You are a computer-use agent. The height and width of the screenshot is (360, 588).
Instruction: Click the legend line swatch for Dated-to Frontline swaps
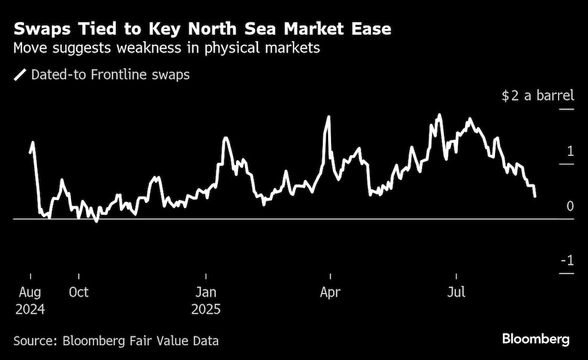pyautogui.click(x=20, y=75)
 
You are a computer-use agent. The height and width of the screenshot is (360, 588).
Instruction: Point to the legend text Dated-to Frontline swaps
pyautogui.click(x=110, y=75)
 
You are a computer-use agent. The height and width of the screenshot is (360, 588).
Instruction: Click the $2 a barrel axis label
pyautogui.click(x=537, y=96)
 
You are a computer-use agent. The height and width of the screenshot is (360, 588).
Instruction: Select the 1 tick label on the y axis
pyautogui.click(x=570, y=151)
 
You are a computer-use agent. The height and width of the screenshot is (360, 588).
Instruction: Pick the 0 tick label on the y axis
pyautogui.click(x=570, y=206)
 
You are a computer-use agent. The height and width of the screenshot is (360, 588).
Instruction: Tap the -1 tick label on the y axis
pyautogui.click(x=566, y=261)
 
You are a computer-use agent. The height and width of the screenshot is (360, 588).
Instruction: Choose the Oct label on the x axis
pyautogui.click(x=78, y=292)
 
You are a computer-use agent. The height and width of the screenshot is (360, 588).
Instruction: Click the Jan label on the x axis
pyautogui.click(x=206, y=292)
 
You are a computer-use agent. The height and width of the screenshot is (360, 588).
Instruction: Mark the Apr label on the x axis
pyautogui.click(x=330, y=292)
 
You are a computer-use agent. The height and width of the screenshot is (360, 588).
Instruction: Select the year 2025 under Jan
pyautogui.click(x=206, y=309)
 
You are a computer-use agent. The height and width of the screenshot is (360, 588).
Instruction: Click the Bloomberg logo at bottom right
pyautogui.click(x=536, y=339)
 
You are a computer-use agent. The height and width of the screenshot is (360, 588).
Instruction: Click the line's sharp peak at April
pyautogui.click(x=328, y=116)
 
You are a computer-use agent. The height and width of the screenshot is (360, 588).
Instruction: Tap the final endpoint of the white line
pyautogui.click(x=534, y=196)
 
